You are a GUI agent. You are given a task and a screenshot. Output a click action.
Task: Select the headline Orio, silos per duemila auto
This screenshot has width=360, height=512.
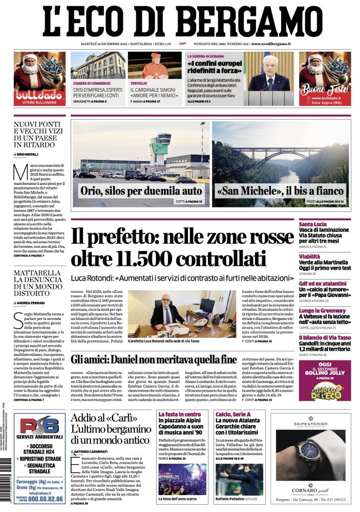click(x=141, y=191)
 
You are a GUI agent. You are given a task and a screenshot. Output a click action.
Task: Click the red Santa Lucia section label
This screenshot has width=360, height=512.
click(x=327, y=224)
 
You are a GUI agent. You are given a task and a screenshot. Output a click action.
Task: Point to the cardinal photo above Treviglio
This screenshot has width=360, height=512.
click(x=154, y=65)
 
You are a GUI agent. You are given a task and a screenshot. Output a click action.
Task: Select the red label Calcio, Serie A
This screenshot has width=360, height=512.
click(x=233, y=414)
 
